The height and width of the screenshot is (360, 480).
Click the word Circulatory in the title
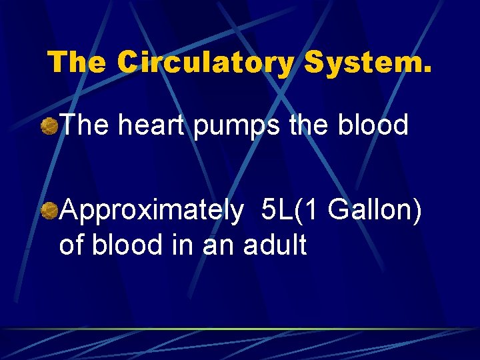pyautogui.click(x=206, y=62)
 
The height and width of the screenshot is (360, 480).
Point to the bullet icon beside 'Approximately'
pyautogui.click(x=49, y=211)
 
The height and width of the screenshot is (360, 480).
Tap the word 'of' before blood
pyautogui.click(x=71, y=245)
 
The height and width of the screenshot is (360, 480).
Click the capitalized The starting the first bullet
pyautogui.click(x=85, y=125)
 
